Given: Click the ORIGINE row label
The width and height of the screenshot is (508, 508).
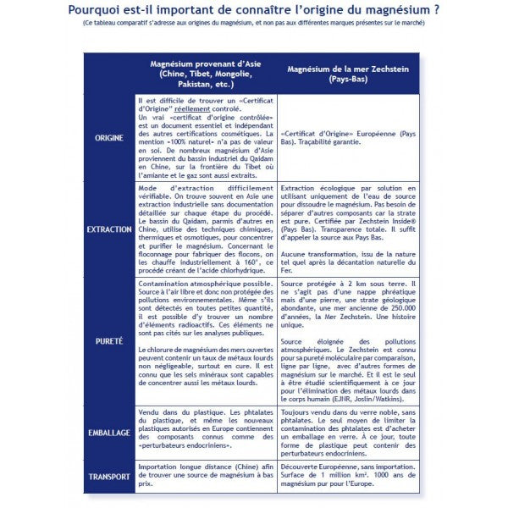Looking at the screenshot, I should coord(108,137).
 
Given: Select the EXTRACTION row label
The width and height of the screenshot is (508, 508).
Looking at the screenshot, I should coord(108,229).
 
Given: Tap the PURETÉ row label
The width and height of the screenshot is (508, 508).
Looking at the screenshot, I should coord(108,341).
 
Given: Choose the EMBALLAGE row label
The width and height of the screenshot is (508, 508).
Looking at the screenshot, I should coord(108,432).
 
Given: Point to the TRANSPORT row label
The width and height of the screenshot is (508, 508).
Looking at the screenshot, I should coord(108,476).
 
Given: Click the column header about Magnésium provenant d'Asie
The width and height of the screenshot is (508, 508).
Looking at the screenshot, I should coord(200,74).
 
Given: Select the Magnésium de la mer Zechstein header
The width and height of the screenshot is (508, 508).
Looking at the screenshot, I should coord(350,72).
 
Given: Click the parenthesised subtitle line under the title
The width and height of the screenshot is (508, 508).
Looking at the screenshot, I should coord(254,25).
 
